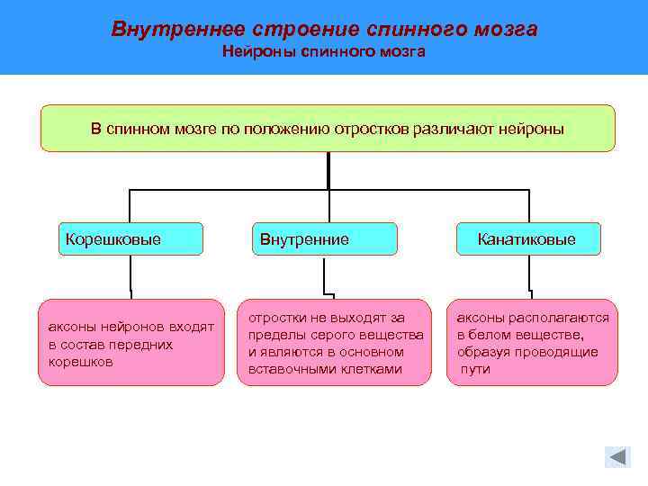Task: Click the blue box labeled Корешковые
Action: (x=130, y=239)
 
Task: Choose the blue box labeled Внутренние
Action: (x=323, y=239)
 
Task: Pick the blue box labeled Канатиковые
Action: (x=527, y=239)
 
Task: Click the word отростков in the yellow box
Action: (x=371, y=129)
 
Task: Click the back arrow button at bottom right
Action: (x=617, y=457)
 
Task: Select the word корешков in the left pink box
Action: (x=81, y=362)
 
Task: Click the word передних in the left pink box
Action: (x=145, y=345)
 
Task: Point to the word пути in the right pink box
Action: (x=475, y=369)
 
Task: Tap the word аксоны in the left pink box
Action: (x=72, y=328)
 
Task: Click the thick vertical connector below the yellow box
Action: (x=328, y=170)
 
